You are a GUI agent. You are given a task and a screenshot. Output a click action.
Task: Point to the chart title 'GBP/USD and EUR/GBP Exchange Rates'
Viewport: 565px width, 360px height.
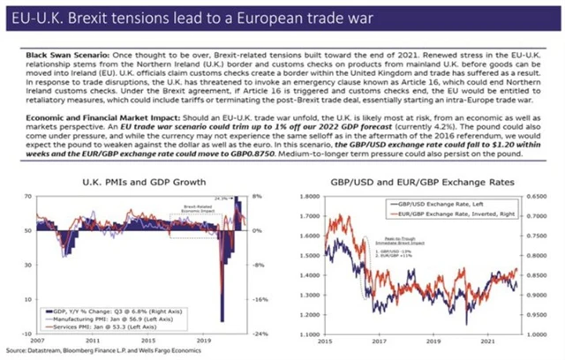coord(418,184)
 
